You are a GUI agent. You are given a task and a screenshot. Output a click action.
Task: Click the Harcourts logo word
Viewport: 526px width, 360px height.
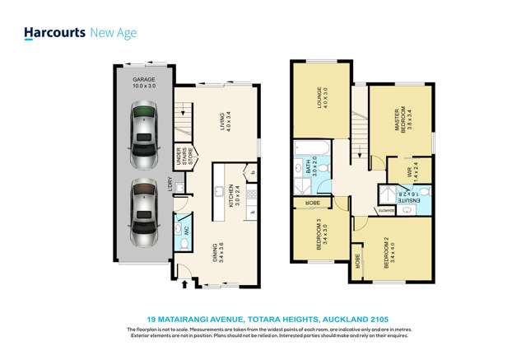tap(54, 33)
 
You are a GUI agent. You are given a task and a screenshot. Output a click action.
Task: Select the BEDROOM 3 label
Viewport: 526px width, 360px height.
tap(320, 236)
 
